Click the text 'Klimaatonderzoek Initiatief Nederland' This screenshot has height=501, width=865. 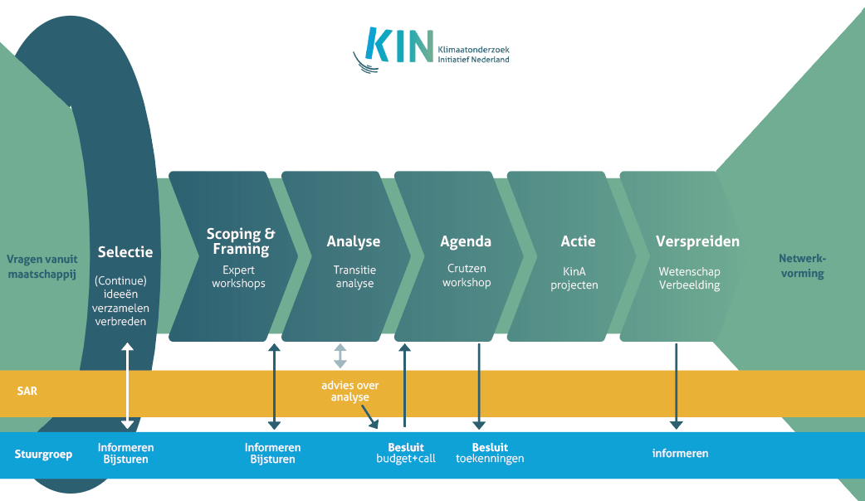(473, 55)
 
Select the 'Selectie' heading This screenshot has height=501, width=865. (125, 252)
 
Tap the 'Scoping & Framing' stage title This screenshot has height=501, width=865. (241, 241)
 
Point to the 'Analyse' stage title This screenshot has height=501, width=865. (354, 241)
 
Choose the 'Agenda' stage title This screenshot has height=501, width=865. (466, 241)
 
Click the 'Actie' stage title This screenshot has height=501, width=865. (578, 241)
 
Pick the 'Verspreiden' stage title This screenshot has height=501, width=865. (697, 241)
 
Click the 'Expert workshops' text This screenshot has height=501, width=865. (238, 276)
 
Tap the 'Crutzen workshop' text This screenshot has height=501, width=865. (467, 275)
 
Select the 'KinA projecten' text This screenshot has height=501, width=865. (579, 276)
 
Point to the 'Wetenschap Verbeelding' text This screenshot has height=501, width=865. (689, 278)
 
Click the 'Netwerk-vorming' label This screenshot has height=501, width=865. (802, 266)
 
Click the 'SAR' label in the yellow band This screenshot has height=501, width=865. (27, 391)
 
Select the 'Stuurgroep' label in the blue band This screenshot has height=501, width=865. (43, 454)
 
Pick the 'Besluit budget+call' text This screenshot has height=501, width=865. (406, 453)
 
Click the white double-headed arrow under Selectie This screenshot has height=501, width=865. (127, 387)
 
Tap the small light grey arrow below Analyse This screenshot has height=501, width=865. (340, 356)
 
